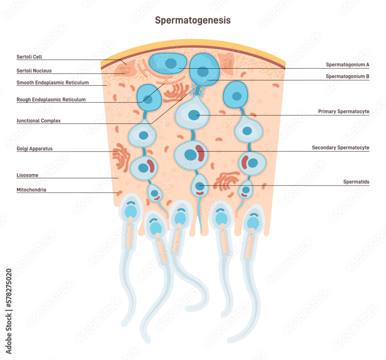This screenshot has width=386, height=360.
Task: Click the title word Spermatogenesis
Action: point(193,20)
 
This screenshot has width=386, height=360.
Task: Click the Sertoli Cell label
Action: point(29,57)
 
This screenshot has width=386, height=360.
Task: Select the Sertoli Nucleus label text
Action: point(34,71)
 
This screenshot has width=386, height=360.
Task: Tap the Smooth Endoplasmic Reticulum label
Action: point(52,83)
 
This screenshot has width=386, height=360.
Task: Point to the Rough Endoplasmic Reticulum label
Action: point(51,100)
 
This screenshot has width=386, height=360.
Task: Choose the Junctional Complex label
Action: point(39,121)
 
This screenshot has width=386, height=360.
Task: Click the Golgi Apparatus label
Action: point(34,148)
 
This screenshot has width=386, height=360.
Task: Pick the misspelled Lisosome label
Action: point(27,175)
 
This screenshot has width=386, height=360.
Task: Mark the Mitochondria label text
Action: point(31,190)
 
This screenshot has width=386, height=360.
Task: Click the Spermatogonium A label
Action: point(347,65)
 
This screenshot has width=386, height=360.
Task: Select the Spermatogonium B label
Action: point(347,76)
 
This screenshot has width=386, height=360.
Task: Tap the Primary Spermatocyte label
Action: point(344,112)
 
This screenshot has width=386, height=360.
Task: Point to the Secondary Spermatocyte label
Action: point(340,148)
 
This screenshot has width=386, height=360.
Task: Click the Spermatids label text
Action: point(356,182)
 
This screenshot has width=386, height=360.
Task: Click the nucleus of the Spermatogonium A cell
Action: point(169,63)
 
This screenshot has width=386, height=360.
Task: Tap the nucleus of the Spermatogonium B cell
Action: point(203,71)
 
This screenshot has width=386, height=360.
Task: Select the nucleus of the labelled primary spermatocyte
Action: point(193,115)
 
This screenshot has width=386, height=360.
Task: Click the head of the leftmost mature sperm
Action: point(131,211)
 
